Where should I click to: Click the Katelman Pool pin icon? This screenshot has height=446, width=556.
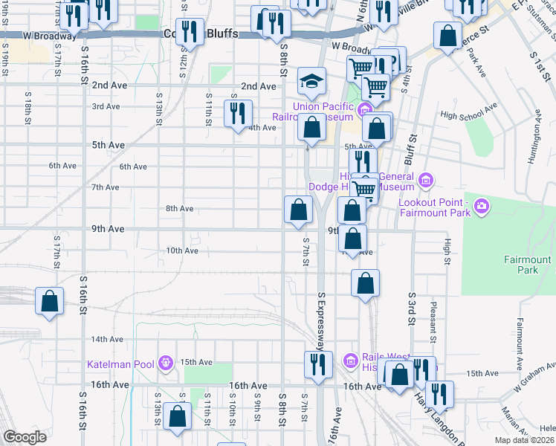coord(165,363)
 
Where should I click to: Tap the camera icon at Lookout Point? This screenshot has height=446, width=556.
coord(482,205)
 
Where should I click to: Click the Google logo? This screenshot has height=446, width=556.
coord(25,437)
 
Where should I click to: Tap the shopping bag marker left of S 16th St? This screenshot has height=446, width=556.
coord(49,302)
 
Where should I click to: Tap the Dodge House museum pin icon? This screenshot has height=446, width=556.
coord(425,179)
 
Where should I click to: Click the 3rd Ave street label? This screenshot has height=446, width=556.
coord(106,106)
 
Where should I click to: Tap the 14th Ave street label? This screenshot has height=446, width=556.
coord(106,339)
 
